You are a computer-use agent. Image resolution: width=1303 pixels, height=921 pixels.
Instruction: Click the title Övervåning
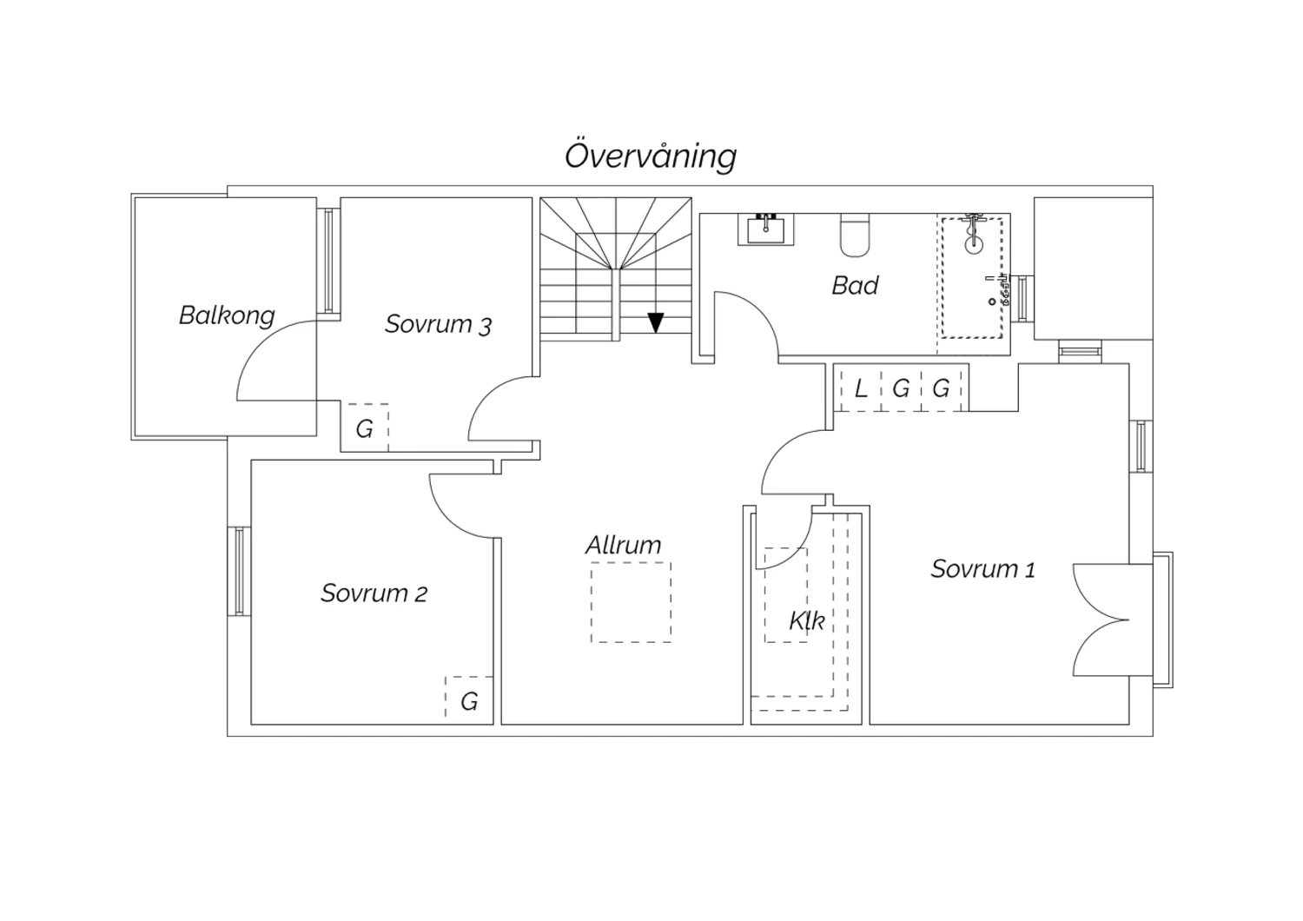tap(651, 156)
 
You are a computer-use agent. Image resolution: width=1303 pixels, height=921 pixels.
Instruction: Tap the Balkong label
tap(227, 315)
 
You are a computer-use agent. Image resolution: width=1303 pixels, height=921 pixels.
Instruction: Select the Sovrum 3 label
tap(438, 325)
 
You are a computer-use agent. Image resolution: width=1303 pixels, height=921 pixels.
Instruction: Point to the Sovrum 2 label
tap(374, 593)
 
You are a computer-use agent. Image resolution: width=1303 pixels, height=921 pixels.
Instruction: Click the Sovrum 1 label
tap(983, 569)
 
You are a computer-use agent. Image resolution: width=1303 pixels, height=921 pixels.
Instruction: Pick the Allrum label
tap(623, 545)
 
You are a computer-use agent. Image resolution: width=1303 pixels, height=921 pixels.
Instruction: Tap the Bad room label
tap(855, 285)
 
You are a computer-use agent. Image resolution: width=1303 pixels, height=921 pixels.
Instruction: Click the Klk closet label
tap(807, 620)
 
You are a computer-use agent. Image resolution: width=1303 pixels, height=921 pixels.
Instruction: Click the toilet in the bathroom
tap(855, 235)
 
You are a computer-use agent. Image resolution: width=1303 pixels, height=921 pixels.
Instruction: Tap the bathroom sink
tap(766, 229)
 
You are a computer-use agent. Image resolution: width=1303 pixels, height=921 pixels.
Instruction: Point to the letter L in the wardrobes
tap(862, 388)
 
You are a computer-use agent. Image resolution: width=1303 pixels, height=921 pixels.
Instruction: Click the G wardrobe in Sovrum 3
tap(365, 428)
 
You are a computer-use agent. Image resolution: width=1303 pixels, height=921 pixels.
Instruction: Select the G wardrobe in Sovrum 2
tap(469, 700)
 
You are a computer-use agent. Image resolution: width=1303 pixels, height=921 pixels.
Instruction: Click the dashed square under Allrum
tap(632, 602)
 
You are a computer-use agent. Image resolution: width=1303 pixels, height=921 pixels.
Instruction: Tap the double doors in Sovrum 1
tap(1101, 620)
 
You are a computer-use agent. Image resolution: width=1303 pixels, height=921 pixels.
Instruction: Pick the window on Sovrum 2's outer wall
tap(239, 571)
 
